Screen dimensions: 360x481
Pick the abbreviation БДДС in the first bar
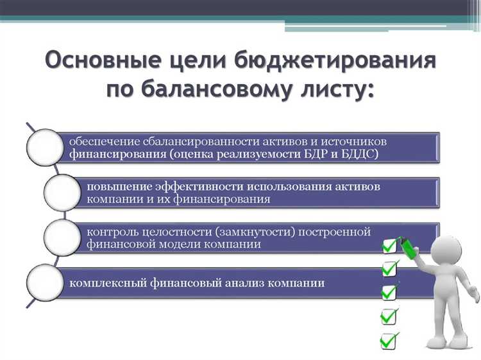pyautogui.click(x=360, y=154)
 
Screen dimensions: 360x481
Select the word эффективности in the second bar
pyautogui.click(x=194, y=186)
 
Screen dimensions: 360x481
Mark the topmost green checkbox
pyautogui.click(x=390, y=246)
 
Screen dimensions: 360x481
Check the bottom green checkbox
pyautogui.click(x=389, y=339)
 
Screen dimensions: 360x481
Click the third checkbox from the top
pyautogui.click(x=389, y=293)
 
